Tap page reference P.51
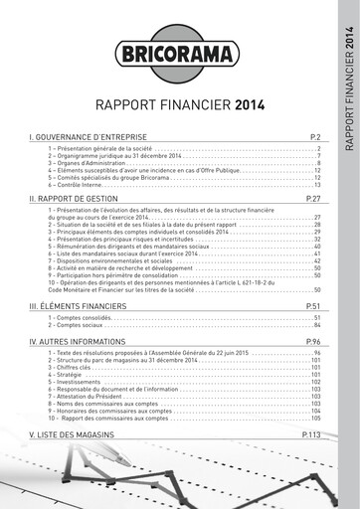pyautogui.click(x=311, y=306)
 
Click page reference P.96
pyautogui.click(x=311, y=341)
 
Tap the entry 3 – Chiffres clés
pyautogui.click(x=71, y=367)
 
